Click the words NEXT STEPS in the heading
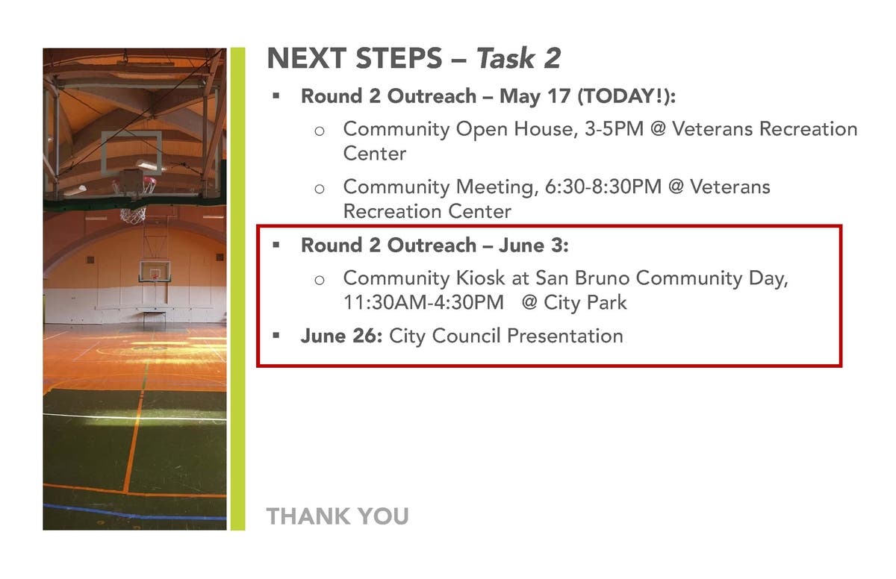pos(355,58)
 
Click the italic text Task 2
pos(519,58)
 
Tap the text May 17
pos(535,96)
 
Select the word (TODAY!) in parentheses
pos(624,96)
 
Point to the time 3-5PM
pos(614,129)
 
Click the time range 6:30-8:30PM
pos(603,187)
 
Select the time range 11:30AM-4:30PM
pos(423,302)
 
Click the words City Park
pos(585,302)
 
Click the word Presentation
pos(565,336)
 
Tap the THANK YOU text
pos(337,516)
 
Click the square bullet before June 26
pos(276,335)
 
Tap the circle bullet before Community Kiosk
pos(320,280)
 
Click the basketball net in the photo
pos(133,215)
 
